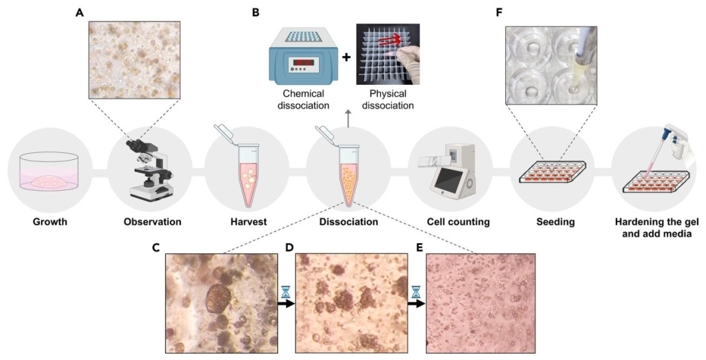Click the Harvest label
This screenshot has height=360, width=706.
(x=250, y=222)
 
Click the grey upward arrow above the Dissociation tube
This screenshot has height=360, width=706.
(x=348, y=118)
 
